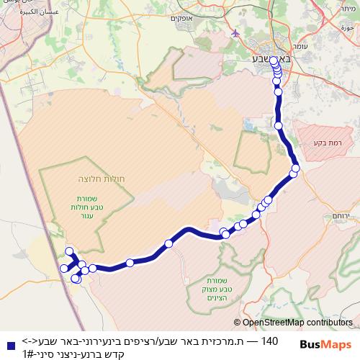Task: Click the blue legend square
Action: click(x=8, y=346)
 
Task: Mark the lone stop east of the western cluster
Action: click(x=130, y=263)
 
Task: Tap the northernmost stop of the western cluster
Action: click(x=69, y=251)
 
